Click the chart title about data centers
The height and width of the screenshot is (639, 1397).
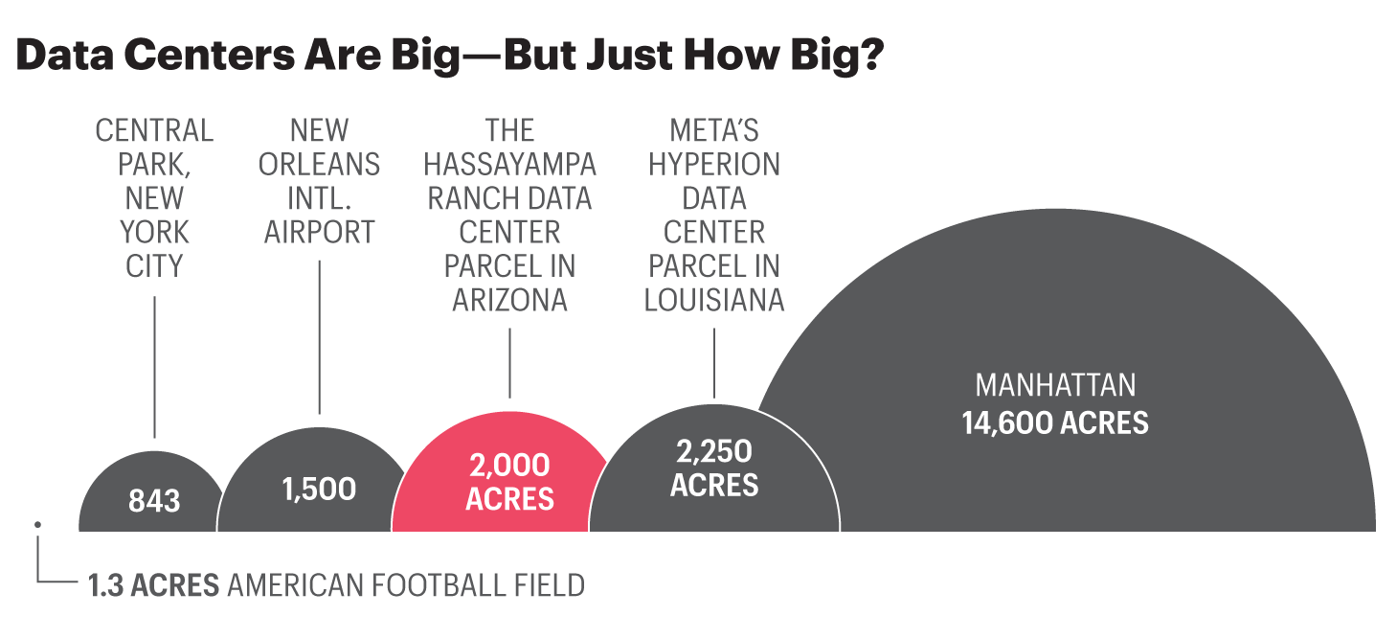(x=449, y=57)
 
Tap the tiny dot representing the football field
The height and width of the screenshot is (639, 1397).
(x=37, y=524)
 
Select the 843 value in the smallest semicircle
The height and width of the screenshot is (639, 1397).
(x=154, y=500)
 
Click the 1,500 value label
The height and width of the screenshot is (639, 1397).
(x=319, y=489)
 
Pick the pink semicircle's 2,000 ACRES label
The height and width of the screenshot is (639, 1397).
(x=509, y=482)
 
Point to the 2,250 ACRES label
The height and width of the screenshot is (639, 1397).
(x=714, y=468)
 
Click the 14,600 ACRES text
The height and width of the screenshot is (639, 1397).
(x=1055, y=423)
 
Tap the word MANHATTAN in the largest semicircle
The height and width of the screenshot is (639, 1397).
(x=1055, y=385)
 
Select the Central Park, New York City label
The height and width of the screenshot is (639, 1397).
(x=154, y=197)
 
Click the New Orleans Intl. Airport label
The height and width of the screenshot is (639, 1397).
(x=319, y=181)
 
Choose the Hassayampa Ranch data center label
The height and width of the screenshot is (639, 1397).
(x=509, y=215)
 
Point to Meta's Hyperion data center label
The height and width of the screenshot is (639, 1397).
(x=714, y=215)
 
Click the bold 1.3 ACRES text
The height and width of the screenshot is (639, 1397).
(x=154, y=584)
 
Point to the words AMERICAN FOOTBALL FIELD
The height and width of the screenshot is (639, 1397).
(x=406, y=584)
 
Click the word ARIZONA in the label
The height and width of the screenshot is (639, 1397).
(x=509, y=300)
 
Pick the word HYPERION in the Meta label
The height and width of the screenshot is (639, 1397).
(x=714, y=164)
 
